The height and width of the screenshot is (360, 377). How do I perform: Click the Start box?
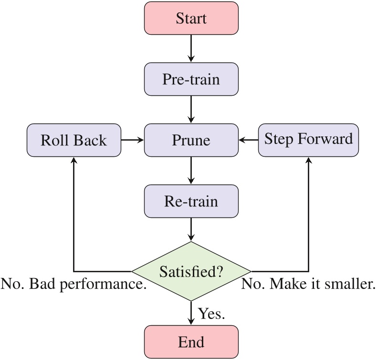[x=191, y=18]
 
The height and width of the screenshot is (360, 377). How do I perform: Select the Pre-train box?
[x=191, y=79]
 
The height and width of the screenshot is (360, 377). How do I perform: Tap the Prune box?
[x=191, y=140]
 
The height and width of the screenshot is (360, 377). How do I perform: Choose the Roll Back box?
[x=73, y=140]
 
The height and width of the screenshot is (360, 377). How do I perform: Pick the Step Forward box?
[x=308, y=139]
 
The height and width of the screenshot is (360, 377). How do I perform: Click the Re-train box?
[x=191, y=201]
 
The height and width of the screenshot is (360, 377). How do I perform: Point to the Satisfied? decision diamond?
[x=191, y=272]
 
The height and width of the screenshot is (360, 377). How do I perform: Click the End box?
[x=191, y=341]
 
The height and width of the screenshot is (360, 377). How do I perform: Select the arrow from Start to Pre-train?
[x=191, y=48]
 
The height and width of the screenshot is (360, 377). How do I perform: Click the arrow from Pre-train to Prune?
[x=191, y=109]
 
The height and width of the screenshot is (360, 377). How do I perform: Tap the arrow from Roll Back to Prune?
[x=132, y=140]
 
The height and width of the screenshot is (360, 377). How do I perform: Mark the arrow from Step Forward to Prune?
[x=249, y=140]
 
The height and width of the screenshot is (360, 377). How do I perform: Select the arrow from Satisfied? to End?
[x=191, y=313]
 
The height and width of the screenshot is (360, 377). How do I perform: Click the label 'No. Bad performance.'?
[x=73, y=285]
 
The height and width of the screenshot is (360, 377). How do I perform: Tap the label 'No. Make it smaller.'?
[x=308, y=285]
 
